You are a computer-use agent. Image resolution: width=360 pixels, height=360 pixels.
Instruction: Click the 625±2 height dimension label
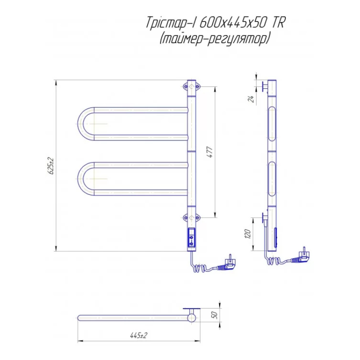tap(51, 166)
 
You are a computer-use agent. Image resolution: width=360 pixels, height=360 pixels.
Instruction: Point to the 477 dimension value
tap(210, 152)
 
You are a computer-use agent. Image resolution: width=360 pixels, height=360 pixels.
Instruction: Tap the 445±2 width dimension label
tap(139, 335)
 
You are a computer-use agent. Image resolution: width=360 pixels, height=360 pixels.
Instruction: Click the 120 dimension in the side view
tap(248, 234)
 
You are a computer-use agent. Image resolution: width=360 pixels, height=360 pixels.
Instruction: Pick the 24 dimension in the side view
tap(252, 99)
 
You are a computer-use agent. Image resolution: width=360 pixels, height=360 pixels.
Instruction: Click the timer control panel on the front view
tap(192, 238)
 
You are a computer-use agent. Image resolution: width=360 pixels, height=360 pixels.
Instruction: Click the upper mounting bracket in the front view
tap(192, 86)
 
